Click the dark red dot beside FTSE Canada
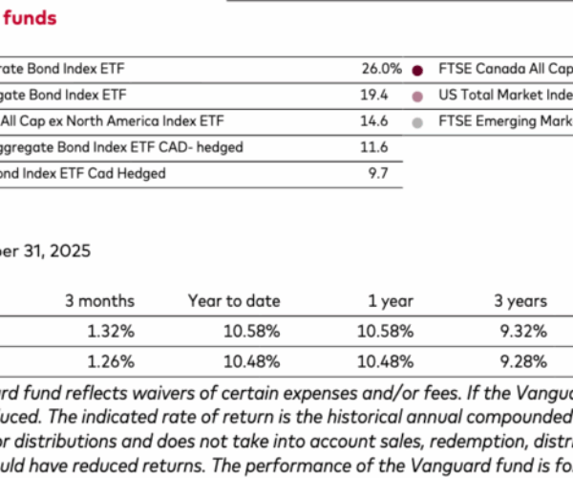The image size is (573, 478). pos(417,71)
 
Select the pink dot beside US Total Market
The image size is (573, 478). pos(417,97)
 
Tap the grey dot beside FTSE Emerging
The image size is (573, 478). pos(417,122)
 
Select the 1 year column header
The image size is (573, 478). pos(392,301)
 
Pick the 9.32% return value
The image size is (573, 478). pos(523,332)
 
